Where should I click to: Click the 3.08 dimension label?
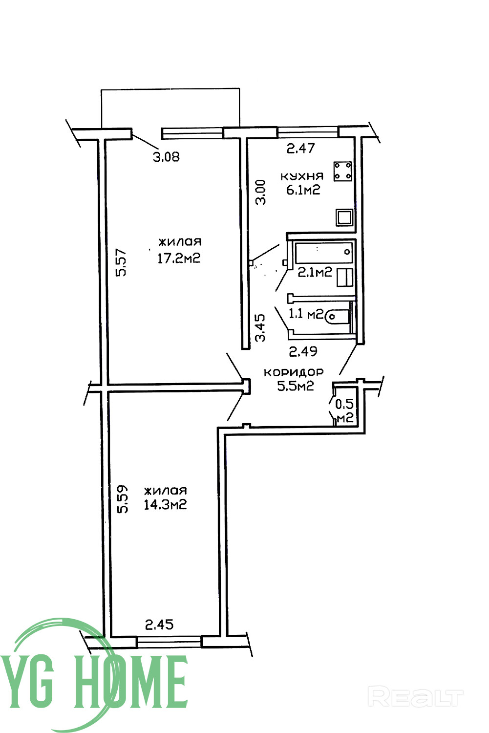(x=166, y=157)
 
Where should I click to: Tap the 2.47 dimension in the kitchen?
(x=300, y=148)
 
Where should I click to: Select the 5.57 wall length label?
(x=121, y=263)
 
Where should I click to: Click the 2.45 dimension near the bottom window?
(x=159, y=625)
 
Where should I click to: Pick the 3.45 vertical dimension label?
(x=260, y=328)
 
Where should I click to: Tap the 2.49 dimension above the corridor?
(x=303, y=351)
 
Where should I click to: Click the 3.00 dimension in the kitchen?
(x=260, y=192)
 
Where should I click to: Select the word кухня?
(x=302, y=176)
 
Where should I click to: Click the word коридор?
(x=294, y=372)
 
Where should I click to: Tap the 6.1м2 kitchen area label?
(x=303, y=190)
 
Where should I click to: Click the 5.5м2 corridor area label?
(x=296, y=386)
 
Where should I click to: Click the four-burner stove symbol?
(x=342, y=171)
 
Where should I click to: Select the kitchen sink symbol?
(x=344, y=217)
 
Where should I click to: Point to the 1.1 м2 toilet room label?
(x=306, y=314)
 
